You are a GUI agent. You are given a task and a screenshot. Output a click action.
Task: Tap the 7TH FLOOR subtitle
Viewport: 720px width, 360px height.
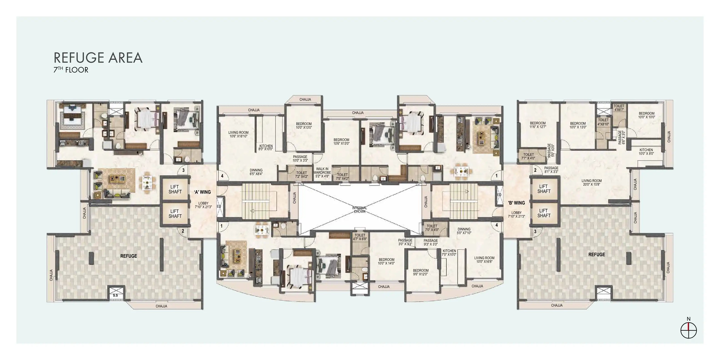point(71,70)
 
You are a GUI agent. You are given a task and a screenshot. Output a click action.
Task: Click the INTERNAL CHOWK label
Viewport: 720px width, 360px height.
point(360,210)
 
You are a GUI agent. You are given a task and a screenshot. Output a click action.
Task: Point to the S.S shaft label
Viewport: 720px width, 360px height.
point(115,295)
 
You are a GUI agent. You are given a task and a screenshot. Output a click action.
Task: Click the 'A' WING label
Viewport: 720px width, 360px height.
point(202,192)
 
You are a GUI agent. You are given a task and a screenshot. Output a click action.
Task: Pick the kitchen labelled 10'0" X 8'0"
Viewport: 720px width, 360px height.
point(646,152)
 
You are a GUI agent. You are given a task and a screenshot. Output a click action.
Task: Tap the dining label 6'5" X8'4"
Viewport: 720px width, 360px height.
point(256,172)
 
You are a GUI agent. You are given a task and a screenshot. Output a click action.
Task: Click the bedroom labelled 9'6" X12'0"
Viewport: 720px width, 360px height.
point(421,272)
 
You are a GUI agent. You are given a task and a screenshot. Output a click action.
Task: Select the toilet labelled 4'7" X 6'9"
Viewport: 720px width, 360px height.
point(360,237)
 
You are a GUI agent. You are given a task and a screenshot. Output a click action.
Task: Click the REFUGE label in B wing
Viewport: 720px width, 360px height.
point(597,255)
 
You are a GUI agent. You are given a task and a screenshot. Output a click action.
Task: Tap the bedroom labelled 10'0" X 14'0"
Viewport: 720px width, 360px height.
point(387,261)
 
